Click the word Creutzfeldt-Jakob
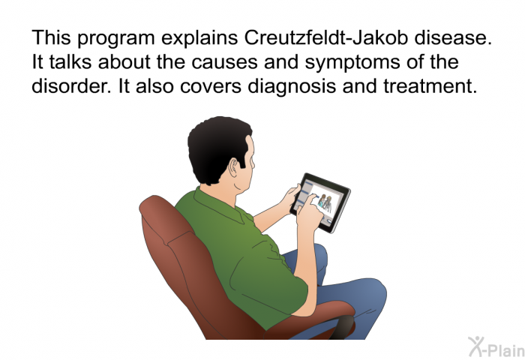pyautogui.click(x=326, y=37)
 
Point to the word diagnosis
pyautogui.click(x=292, y=87)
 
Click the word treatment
pyautogui.click(x=430, y=86)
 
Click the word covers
pyautogui.click(x=211, y=87)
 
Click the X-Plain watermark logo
pyautogui.click(x=496, y=347)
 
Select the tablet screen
pyautogui.click(x=320, y=202)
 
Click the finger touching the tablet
pyautogui.click(x=313, y=199)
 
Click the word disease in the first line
pyautogui.click(x=453, y=37)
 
